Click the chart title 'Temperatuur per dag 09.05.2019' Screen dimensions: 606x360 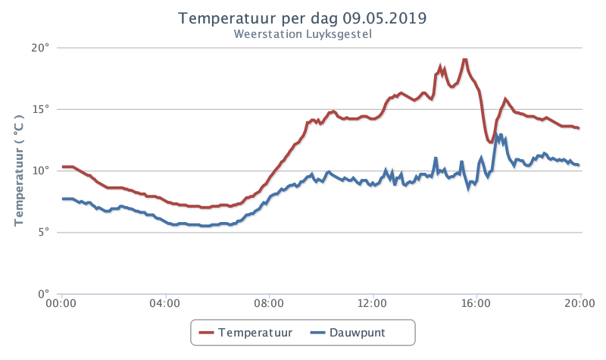(x=302, y=18)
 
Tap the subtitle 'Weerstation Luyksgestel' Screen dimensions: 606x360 (x=302, y=34)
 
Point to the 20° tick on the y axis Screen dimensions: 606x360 (x=40, y=48)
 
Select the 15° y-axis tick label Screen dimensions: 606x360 (x=41, y=109)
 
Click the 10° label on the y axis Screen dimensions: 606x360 (x=41, y=171)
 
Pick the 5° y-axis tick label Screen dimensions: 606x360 (x=44, y=233)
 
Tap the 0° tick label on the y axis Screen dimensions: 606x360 (x=44, y=294)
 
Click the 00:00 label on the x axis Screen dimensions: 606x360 (x=61, y=303)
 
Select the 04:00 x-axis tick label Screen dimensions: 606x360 (x=165, y=303)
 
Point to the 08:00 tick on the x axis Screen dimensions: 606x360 (x=269, y=303)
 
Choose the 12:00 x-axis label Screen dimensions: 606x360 (x=372, y=303)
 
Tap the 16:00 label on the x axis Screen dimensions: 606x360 (x=476, y=303)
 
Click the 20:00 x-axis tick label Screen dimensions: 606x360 (x=579, y=303)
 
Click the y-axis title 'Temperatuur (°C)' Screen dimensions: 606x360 (x=19, y=171)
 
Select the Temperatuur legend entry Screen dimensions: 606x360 (x=245, y=333)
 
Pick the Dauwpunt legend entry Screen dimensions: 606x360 (x=348, y=333)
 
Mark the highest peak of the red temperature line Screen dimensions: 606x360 (x=465, y=60)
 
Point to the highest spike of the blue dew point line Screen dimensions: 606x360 (x=496, y=135)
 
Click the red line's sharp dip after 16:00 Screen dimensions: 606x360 (x=490, y=142)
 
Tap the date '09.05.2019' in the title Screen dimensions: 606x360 (x=385, y=18)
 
